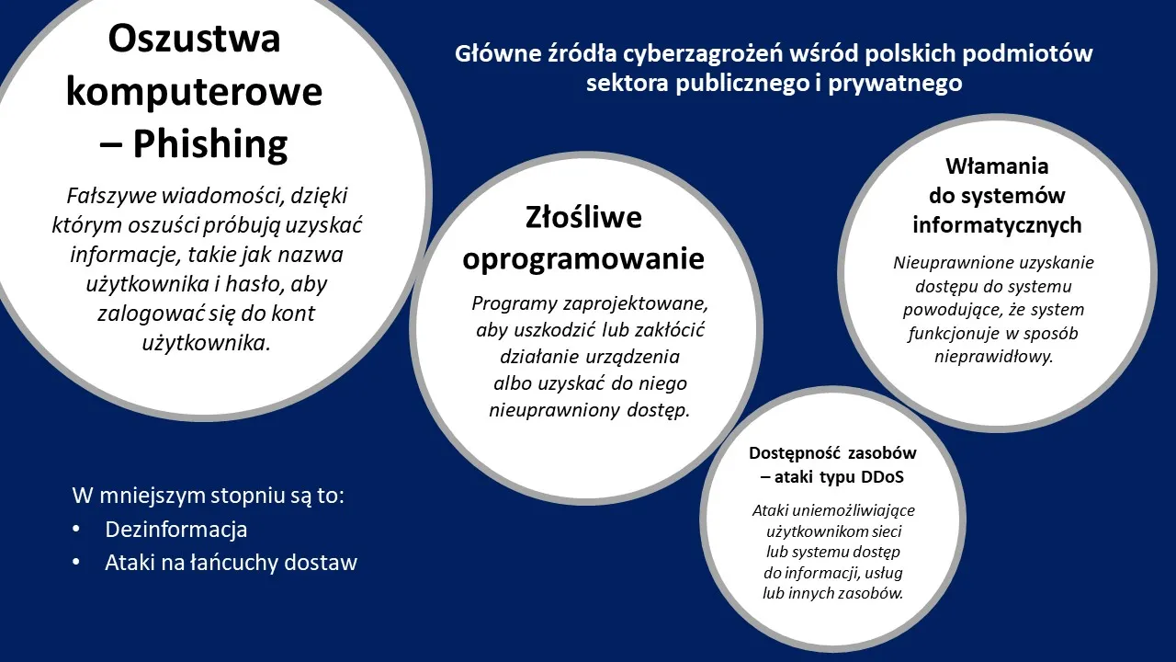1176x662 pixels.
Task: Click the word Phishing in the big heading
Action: pyautogui.click(x=210, y=144)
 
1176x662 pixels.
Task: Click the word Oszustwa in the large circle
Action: pyautogui.click(x=194, y=39)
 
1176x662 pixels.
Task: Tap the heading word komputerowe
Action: pyautogui.click(x=194, y=92)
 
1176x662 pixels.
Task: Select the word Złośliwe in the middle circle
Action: pyautogui.click(x=583, y=218)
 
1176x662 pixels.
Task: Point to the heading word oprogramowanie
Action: pyautogui.click(x=583, y=259)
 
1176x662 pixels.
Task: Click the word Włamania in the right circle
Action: pyautogui.click(x=997, y=166)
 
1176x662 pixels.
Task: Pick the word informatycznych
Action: pyautogui.click(x=997, y=225)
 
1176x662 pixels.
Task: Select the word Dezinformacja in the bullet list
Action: pyautogui.click(x=176, y=530)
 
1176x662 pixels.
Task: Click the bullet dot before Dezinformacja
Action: pyautogui.click(x=76, y=530)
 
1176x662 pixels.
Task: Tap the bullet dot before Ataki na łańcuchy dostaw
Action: pyautogui.click(x=76, y=563)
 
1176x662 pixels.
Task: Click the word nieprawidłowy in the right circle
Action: pyautogui.click(x=993, y=357)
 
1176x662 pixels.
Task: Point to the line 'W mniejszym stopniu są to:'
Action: pyautogui.click(x=209, y=496)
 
